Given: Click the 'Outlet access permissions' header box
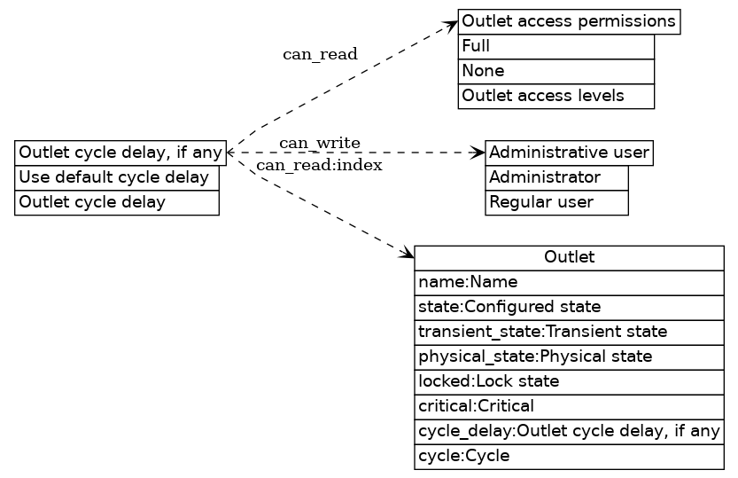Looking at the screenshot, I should [569, 21].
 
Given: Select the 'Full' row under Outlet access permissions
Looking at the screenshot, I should [555, 46].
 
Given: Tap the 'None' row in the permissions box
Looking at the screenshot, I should [555, 71].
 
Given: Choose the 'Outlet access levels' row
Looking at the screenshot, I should [555, 96].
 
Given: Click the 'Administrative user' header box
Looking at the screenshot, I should [569, 153].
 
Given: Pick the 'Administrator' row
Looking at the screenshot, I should [556, 177].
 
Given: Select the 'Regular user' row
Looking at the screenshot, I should [556, 202].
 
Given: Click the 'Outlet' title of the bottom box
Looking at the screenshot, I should [569, 258].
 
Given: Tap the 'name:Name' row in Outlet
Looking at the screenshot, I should [569, 282].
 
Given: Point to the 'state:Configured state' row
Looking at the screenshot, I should [569, 307].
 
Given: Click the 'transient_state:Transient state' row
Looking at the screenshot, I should [569, 332].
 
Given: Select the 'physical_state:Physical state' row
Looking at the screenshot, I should [569, 357].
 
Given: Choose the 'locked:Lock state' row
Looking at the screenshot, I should [569, 381].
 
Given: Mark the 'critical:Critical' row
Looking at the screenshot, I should [569, 406].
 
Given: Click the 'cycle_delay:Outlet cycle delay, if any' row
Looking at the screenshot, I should [569, 431].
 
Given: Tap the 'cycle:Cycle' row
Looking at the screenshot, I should [569, 456].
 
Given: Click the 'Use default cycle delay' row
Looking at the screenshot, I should [117, 177].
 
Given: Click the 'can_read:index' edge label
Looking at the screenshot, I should [320, 166].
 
